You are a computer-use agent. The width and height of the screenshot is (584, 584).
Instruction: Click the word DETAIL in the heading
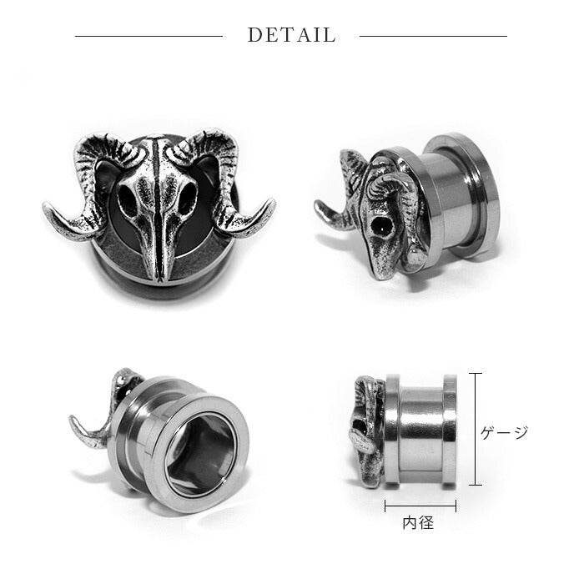[292, 35]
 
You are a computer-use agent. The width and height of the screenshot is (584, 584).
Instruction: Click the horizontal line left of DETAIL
[149, 36]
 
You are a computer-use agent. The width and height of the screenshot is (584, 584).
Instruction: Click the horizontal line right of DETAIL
[433, 36]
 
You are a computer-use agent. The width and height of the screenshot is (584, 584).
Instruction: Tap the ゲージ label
[504, 432]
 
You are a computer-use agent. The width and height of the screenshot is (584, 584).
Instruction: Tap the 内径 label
[419, 523]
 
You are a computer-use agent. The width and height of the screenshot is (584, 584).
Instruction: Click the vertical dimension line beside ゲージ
[476, 429]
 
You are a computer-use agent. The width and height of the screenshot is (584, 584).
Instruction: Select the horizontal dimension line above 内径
[420, 506]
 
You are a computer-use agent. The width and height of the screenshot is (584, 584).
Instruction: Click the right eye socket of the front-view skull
[187, 198]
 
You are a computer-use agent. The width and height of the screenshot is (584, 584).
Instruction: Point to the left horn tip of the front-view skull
[45, 205]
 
